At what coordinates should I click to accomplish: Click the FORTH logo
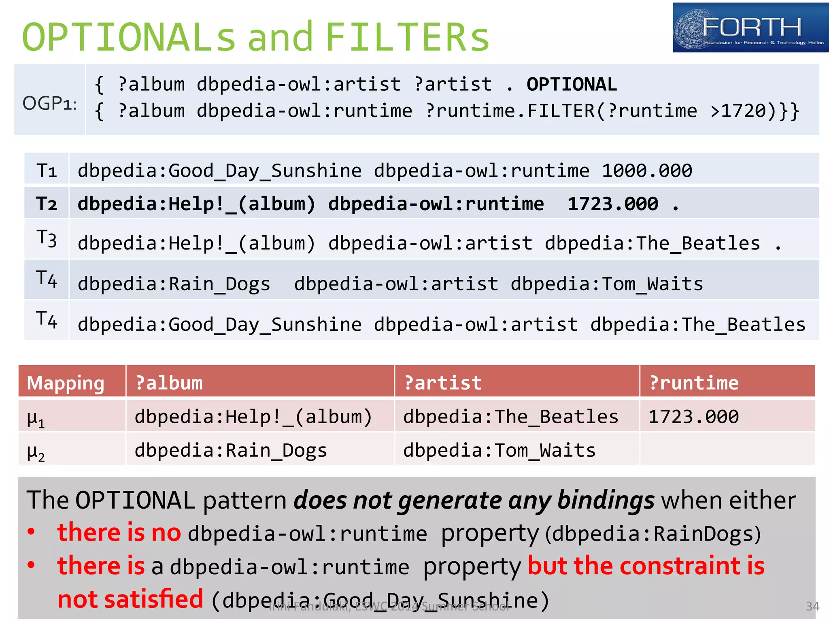tap(750, 28)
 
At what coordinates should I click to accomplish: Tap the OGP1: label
tap(49, 104)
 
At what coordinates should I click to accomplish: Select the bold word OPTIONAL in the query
tap(572, 85)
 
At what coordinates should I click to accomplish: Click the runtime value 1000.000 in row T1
tap(646, 170)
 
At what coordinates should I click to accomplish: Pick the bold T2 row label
tap(47, 204)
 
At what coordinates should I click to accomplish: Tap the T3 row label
tap(47, 239)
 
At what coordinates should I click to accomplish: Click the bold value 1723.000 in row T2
tap(612, 204)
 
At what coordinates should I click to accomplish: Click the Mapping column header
tap(66, 383)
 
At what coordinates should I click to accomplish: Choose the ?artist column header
tap(443, 383)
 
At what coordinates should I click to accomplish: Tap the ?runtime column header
tap(694, 383)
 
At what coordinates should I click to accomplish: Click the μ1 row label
tap(36, 418)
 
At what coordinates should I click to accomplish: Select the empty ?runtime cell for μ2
tap(727, 450)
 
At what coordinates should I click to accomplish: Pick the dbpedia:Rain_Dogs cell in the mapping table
tap(230, 450)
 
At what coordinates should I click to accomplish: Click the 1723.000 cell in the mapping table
tap(693, 417)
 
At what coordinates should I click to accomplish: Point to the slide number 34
tap(812, 606)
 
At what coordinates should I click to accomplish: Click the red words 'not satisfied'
tap(130, 599)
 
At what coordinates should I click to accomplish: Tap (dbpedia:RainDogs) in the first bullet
tap(653, 534)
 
